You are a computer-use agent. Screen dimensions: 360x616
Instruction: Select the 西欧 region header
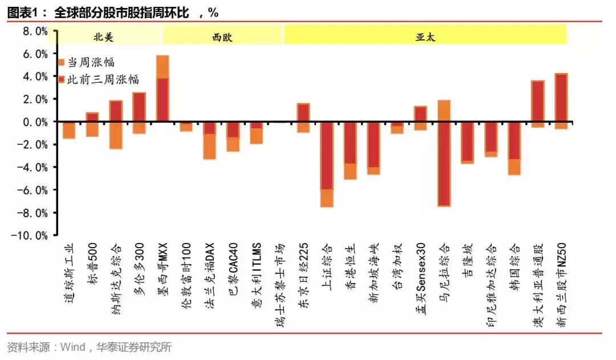point(222,37)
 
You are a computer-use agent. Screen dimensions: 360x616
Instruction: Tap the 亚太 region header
point(425,37)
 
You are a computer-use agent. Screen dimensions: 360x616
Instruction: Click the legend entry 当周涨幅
point(91,62)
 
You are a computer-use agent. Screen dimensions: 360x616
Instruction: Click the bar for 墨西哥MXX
point(163,88)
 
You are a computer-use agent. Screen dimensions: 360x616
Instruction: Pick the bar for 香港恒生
point(350,151)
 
